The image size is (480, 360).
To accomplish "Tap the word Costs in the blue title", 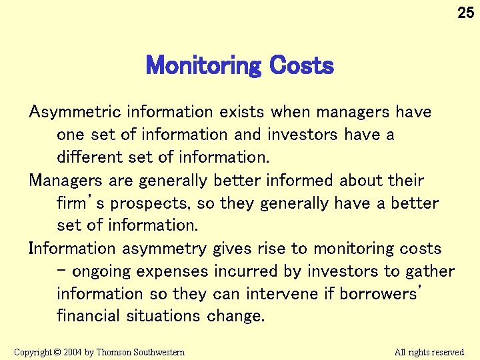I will coord(301,66).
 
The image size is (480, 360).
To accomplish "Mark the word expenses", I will coord(179,272).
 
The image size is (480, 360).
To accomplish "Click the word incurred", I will coord(249,271).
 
